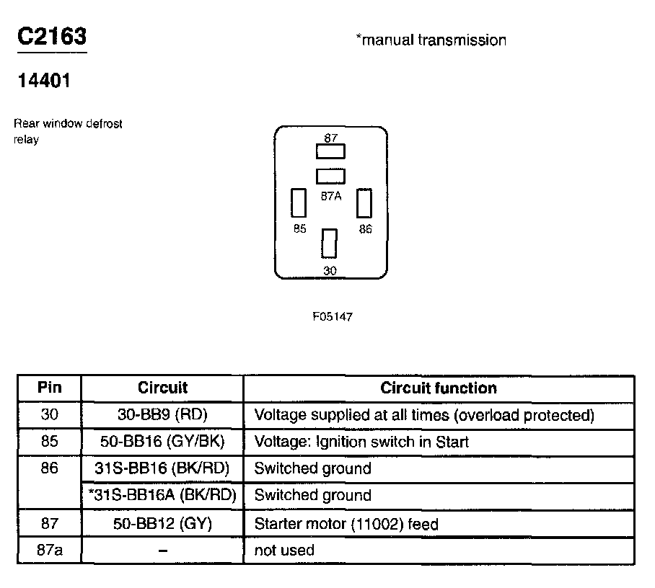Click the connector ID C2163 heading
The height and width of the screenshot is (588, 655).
tap(52, 37)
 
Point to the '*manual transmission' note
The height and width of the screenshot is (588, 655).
tap(431, 40)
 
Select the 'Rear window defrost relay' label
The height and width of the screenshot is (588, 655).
tap(68, 131)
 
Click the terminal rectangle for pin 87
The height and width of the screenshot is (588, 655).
tap(331, 151)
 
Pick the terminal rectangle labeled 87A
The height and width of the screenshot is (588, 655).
tap(331, 176)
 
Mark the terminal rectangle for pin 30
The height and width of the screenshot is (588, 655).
tap(330, 243)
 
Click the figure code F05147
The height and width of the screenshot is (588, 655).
tap(332, 316)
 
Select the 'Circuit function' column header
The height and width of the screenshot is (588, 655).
tap(439, 388)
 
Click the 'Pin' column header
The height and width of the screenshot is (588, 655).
tap(49, 388)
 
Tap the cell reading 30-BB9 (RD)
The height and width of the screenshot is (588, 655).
tap(162, 415)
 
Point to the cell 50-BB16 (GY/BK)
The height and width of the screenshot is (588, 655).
tap(162, 442)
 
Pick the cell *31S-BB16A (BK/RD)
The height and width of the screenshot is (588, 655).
tap(162, 495)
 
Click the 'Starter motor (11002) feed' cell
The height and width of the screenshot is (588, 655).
tap(346, 524)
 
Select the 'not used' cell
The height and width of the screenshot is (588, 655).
tap(284, 551)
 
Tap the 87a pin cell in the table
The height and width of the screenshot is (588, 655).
tap(49, 551)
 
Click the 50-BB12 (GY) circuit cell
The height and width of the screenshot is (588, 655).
tap(162, 524)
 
